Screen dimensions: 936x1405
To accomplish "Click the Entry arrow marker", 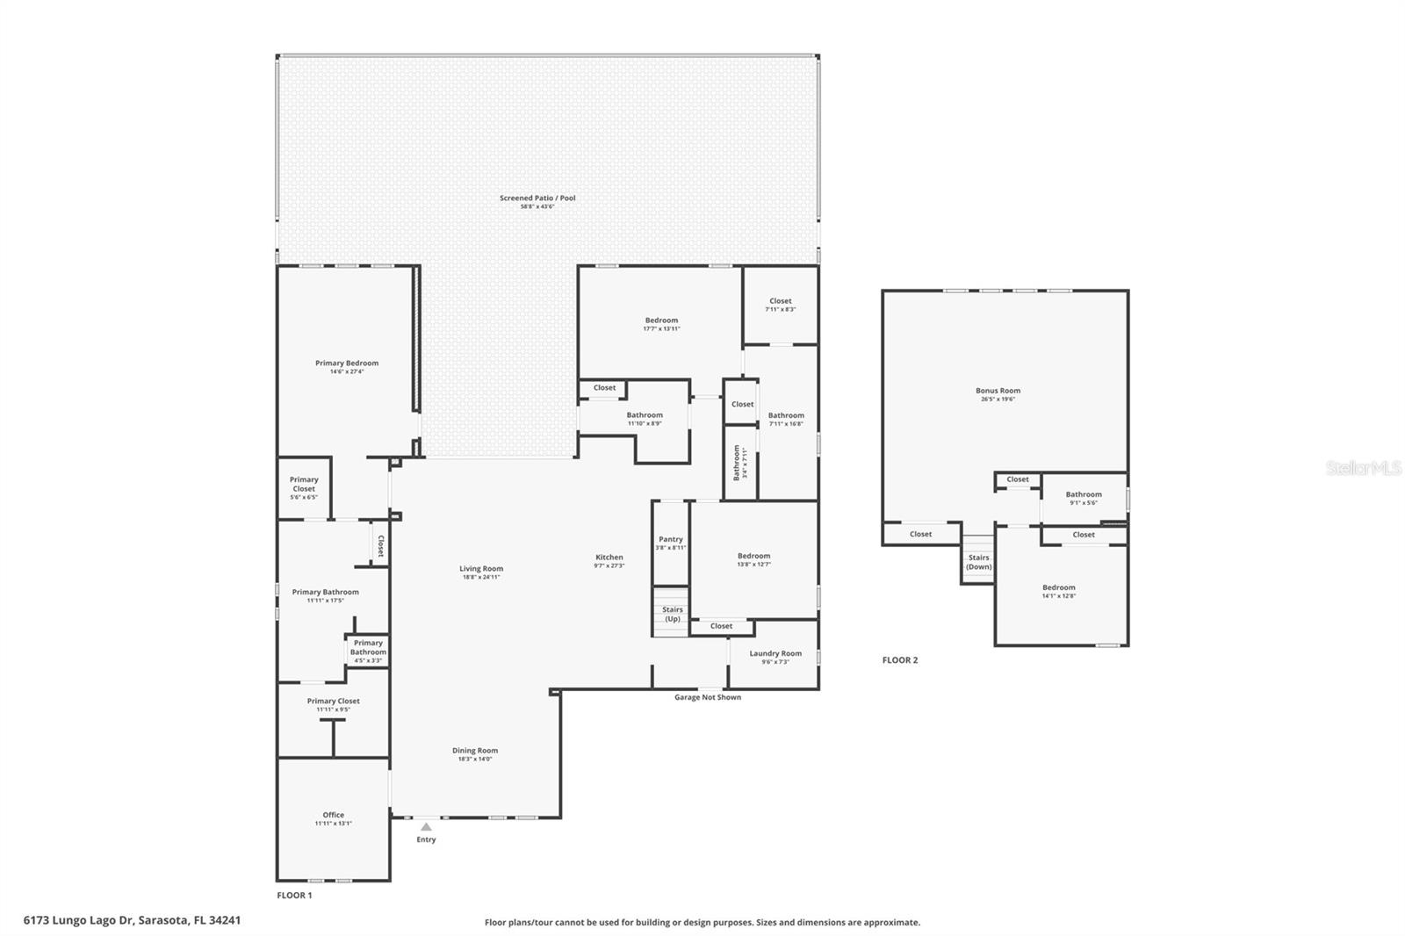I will tap(426, 826).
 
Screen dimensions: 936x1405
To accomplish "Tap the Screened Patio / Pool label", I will tap(537, 198).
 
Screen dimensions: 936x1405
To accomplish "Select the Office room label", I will tap(333, 815).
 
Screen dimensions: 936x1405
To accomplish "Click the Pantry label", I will tap(671, 540).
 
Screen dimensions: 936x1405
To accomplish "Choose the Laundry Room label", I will tap(775, 653).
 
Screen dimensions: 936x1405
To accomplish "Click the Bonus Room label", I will tap(998, 391).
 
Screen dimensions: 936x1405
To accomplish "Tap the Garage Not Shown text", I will tap(707, 697).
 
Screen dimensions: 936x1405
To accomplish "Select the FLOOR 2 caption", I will tap(900, 660).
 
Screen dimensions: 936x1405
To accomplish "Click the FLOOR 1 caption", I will tap(294, 896).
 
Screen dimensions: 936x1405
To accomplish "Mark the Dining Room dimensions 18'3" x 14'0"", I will tap(475, 760).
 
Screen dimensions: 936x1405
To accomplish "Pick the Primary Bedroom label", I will tap(347, 364).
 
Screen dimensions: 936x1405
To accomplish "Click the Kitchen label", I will tap(609, 558).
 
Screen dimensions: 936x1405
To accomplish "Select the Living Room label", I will tap(481, 569).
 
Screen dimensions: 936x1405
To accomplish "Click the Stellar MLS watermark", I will tap(1363, 469).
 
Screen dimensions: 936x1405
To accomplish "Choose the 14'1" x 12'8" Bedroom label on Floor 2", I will tap(1058, 588).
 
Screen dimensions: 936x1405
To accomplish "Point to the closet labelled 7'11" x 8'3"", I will tap(780, 301).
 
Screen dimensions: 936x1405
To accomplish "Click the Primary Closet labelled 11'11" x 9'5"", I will tap(333, 702).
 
